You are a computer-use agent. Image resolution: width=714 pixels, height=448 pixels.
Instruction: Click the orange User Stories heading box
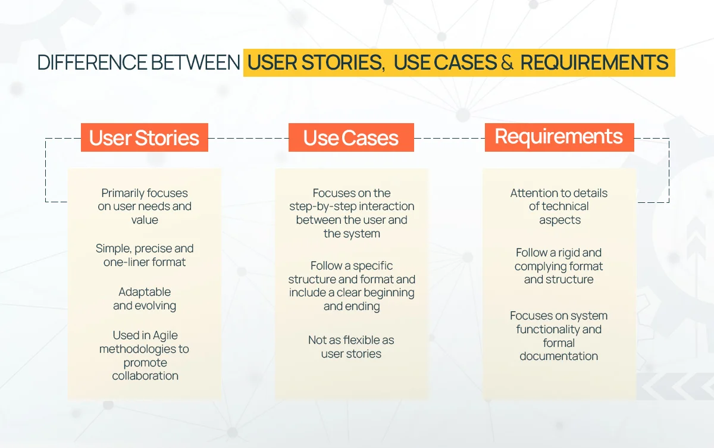144,137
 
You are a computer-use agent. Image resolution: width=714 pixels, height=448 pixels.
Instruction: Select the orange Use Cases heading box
350,137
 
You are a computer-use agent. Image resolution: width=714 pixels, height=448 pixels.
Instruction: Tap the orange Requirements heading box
559,136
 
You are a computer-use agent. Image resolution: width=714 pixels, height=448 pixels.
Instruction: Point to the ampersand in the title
506,62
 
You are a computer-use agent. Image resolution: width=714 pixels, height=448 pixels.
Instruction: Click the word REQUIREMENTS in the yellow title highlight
594,62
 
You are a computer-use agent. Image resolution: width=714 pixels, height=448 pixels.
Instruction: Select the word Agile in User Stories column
164,336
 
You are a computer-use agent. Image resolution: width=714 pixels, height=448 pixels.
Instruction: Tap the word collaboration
145,376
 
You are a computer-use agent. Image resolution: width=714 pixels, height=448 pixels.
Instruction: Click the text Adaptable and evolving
145,299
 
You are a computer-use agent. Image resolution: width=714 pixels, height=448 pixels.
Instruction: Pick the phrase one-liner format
145,262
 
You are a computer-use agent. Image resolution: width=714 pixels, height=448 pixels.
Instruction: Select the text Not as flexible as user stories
351,347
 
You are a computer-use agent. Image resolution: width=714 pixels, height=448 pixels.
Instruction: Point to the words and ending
351,307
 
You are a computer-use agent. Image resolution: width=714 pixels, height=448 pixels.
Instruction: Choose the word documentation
559,356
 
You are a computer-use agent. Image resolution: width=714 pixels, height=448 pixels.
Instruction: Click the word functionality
543,330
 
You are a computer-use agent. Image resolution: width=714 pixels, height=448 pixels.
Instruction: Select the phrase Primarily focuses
145,193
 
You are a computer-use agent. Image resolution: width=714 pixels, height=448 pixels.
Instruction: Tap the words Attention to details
559,193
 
